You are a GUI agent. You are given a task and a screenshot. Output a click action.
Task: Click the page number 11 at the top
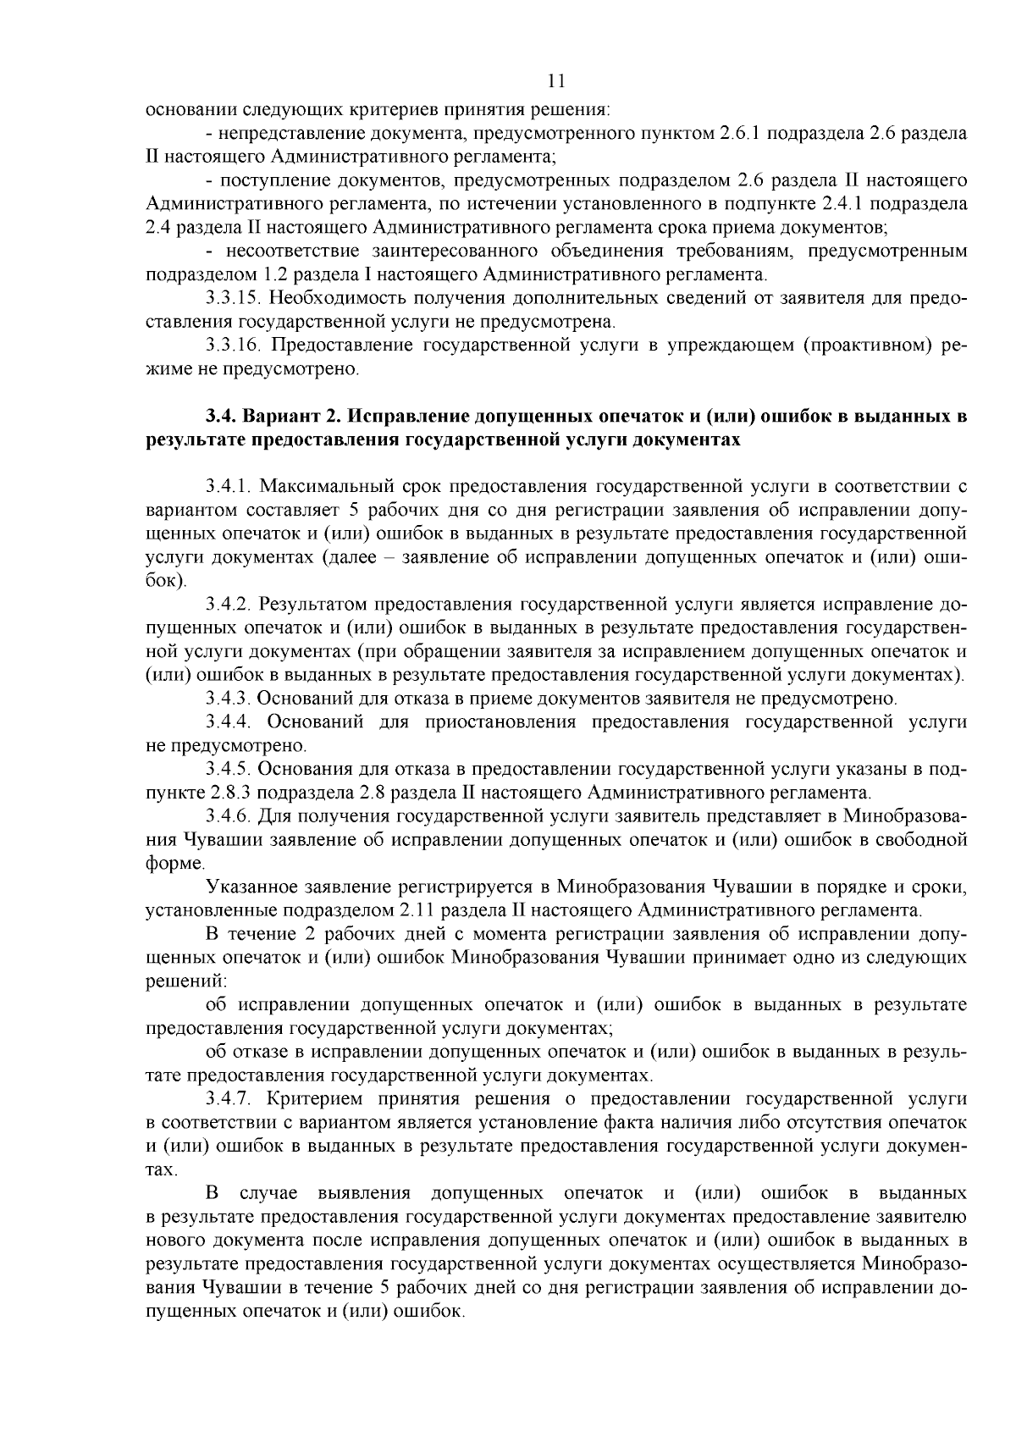point(555,81)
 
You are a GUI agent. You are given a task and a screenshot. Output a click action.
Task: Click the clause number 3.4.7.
point(229,1099)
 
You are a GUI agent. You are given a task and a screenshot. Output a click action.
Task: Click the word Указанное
point(250,887)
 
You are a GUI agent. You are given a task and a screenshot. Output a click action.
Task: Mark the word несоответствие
point(280,251)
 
